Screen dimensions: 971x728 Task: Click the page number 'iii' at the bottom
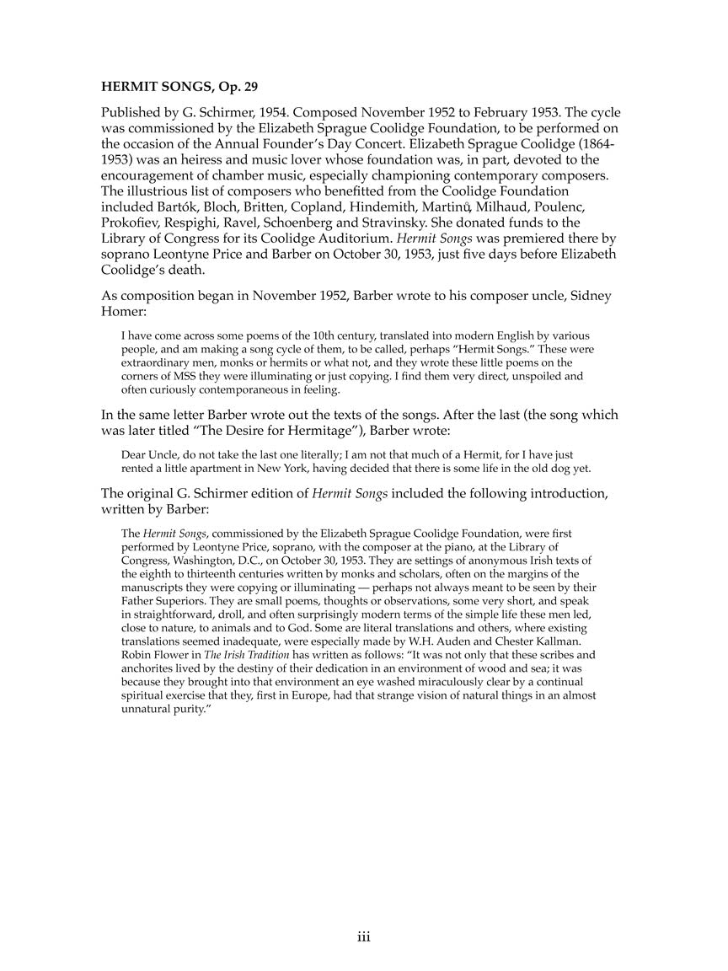(363, 936)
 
